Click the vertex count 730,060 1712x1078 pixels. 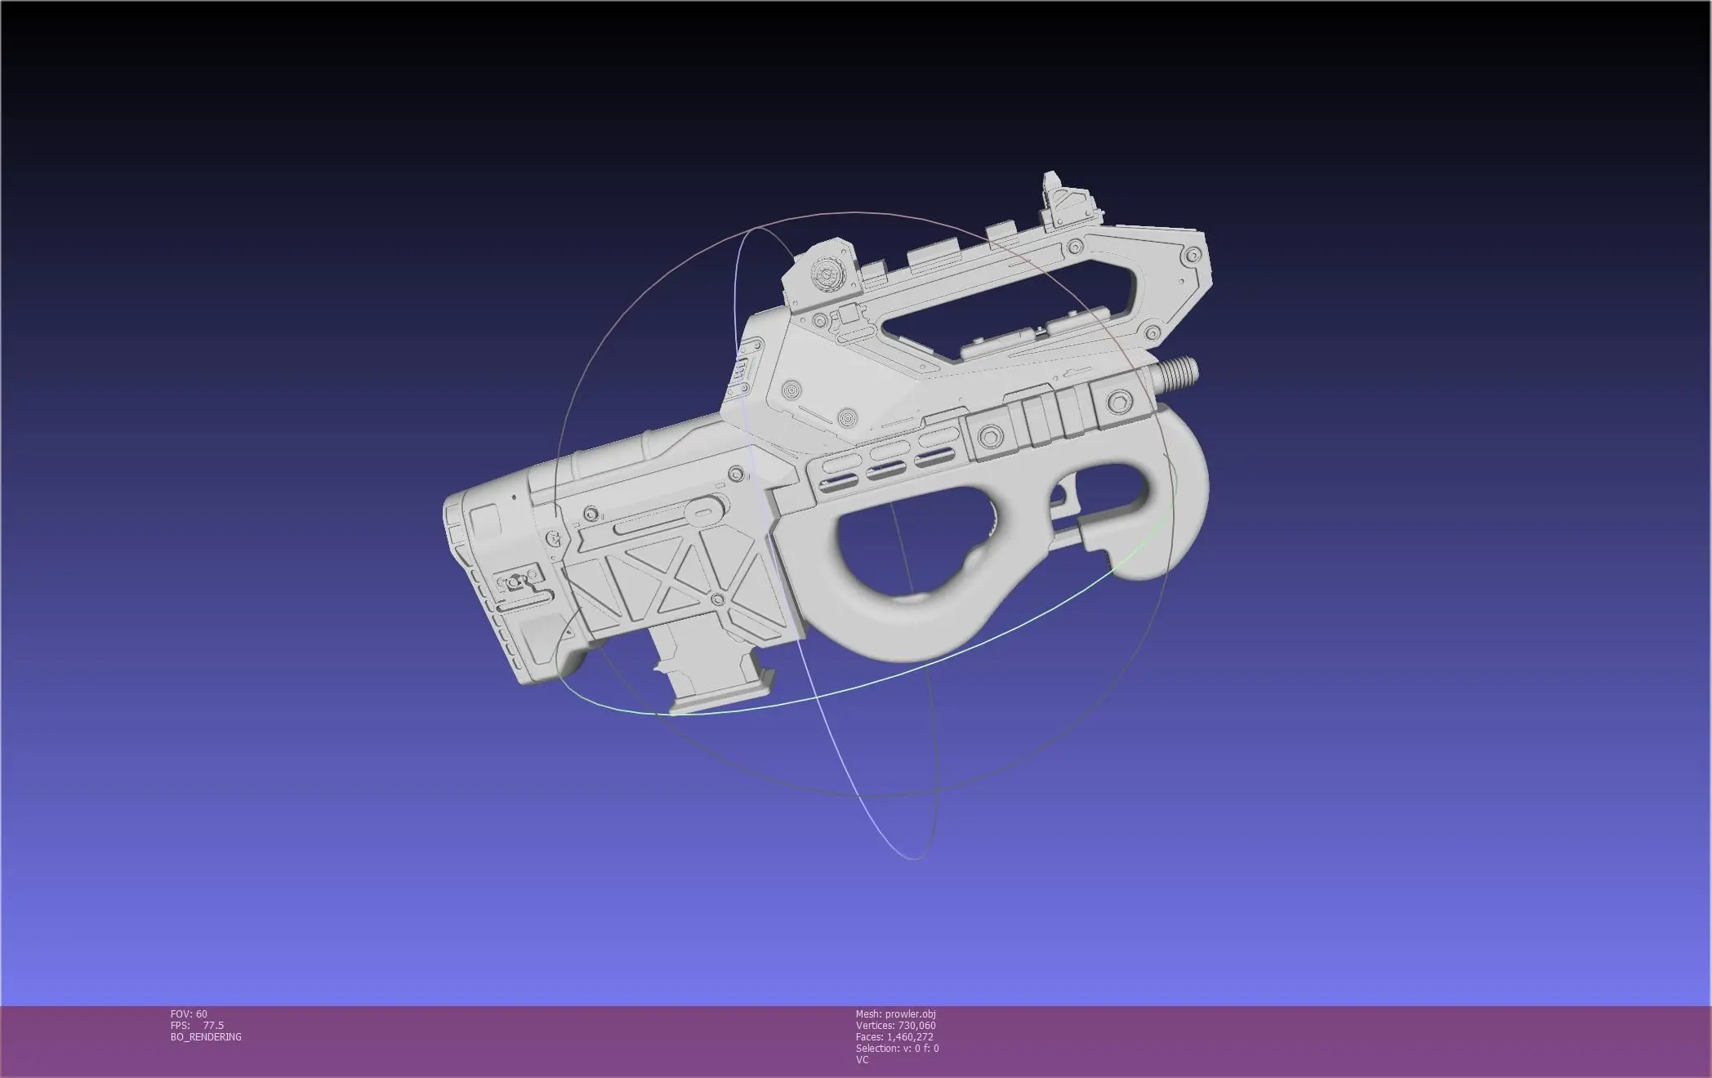(x=916, y=1026)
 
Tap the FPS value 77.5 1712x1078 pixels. (x=213, y=1026)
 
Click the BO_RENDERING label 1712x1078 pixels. (x=206, y=1037)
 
